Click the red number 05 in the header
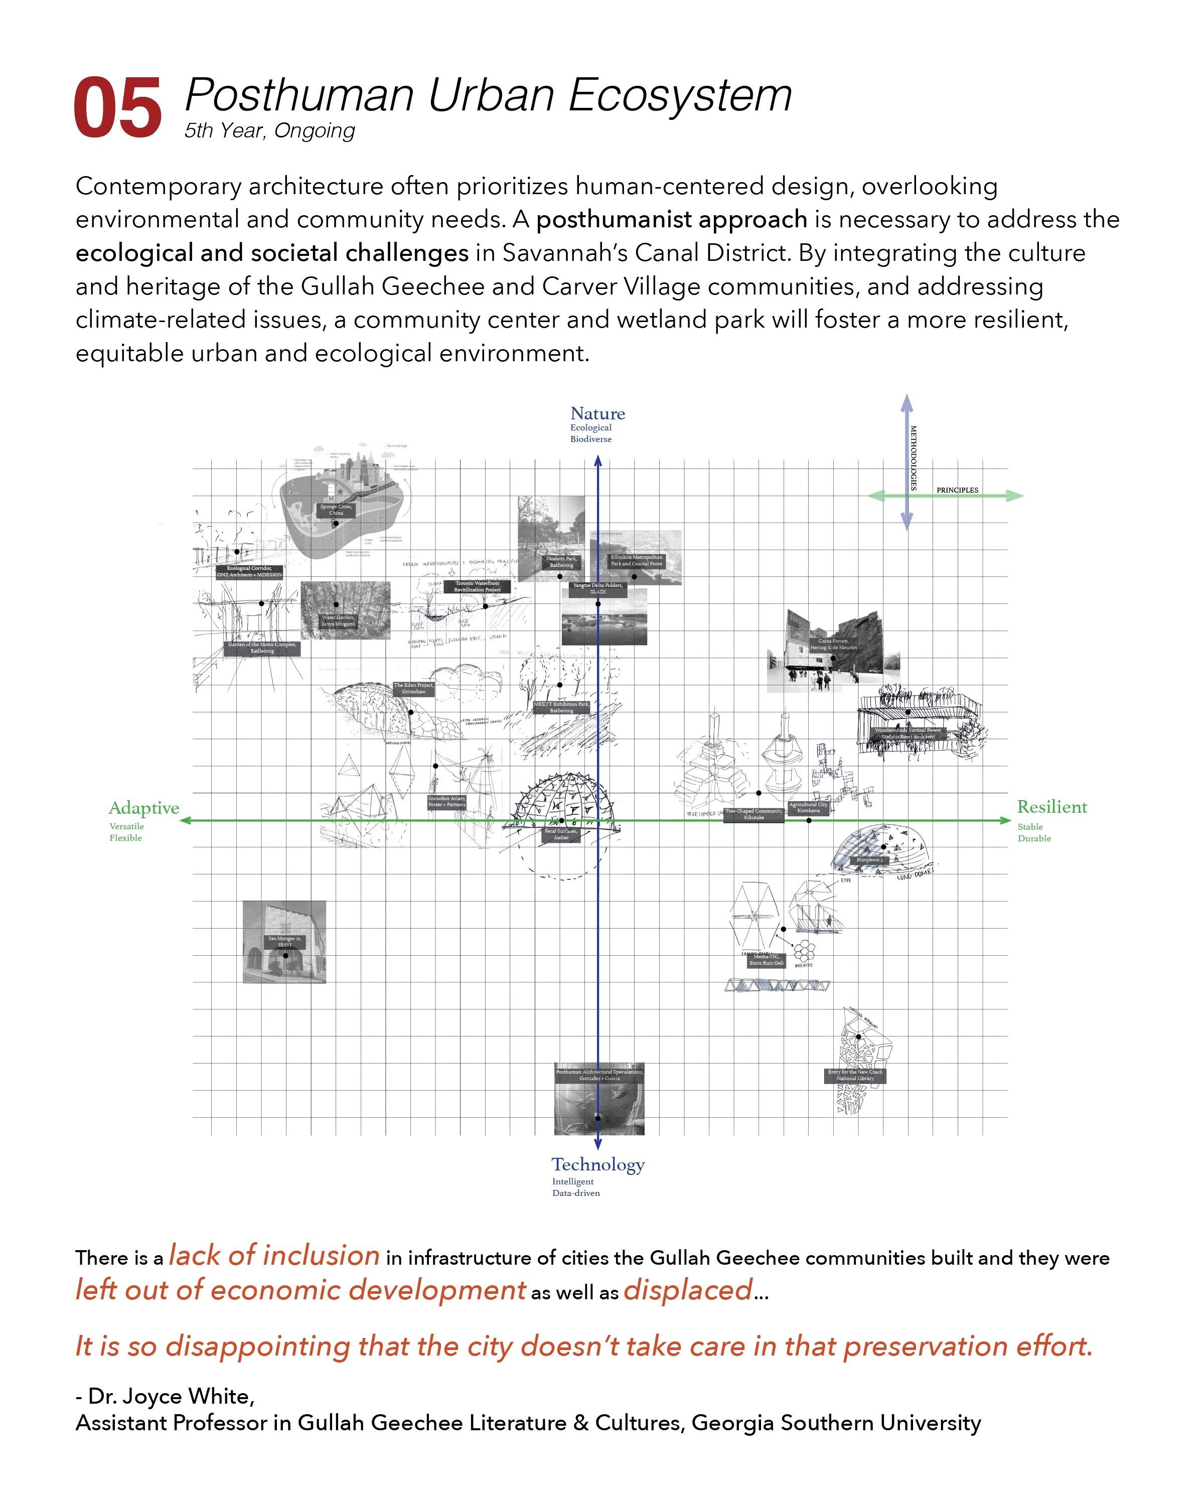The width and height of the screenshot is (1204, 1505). tap(117, 108)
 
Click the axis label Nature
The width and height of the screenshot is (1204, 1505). tap(597, 413)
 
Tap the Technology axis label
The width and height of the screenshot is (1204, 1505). tap(597, 1164)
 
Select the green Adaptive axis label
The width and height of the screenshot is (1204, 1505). tap(144, 808)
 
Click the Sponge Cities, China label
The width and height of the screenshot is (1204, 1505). tap(336, 510)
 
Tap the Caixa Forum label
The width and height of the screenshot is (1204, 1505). tap(833, 644)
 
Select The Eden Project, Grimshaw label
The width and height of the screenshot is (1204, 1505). tap(413, 688)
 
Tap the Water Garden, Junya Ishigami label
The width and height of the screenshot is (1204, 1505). tap(339, 621)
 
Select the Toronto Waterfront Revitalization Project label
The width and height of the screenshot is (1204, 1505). tap(478, 586)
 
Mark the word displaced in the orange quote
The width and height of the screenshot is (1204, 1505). tap(687, 1290)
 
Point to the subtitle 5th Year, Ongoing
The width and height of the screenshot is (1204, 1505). tap(269, 130)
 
